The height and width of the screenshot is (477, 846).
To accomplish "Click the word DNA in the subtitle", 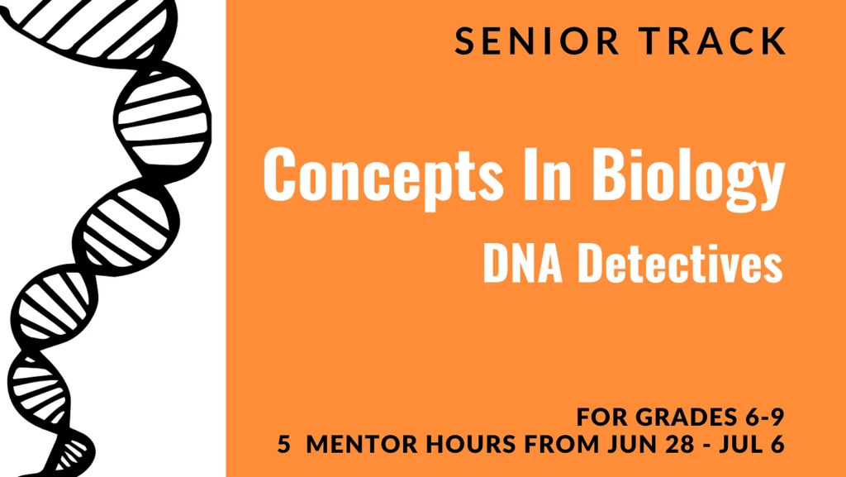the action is click(x=523, y=264).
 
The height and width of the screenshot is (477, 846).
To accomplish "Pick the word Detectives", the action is click(x=680, y=263).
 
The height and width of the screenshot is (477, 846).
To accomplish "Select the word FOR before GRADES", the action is click(x=602, y=417).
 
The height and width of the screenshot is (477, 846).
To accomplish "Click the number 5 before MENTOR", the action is click(x=283, y=444).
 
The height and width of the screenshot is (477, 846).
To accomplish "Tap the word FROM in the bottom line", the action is click(x=562, y=444).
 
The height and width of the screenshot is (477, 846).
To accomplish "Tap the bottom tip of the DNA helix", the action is click(x=51, y=475).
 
